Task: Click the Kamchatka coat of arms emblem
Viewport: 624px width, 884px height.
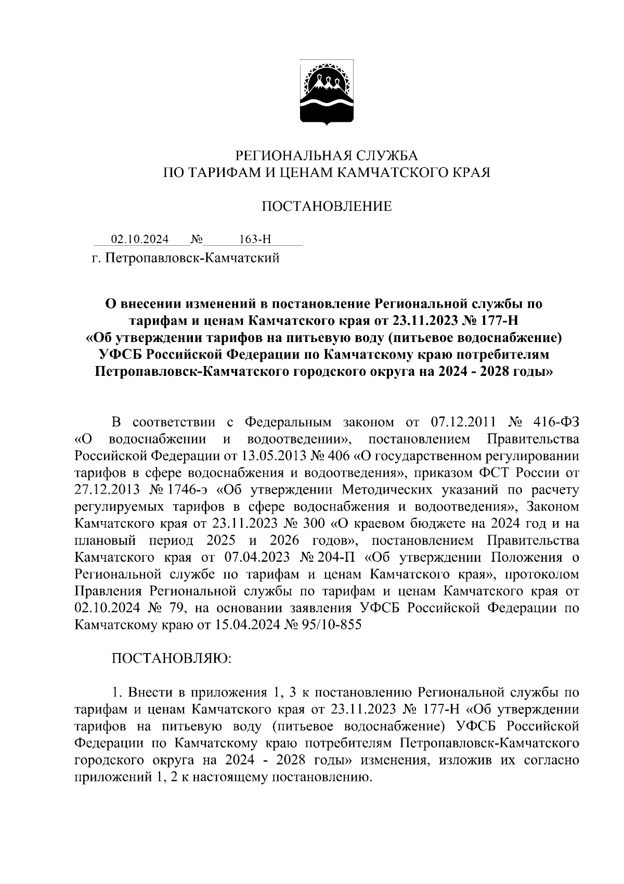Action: (326, 94)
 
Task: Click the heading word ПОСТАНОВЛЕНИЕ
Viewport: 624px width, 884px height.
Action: (326, 207)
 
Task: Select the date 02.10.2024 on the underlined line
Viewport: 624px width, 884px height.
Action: (140, 239)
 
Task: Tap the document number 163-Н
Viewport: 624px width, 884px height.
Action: (255, 239)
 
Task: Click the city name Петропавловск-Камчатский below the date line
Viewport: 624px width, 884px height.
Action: (192, 258)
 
